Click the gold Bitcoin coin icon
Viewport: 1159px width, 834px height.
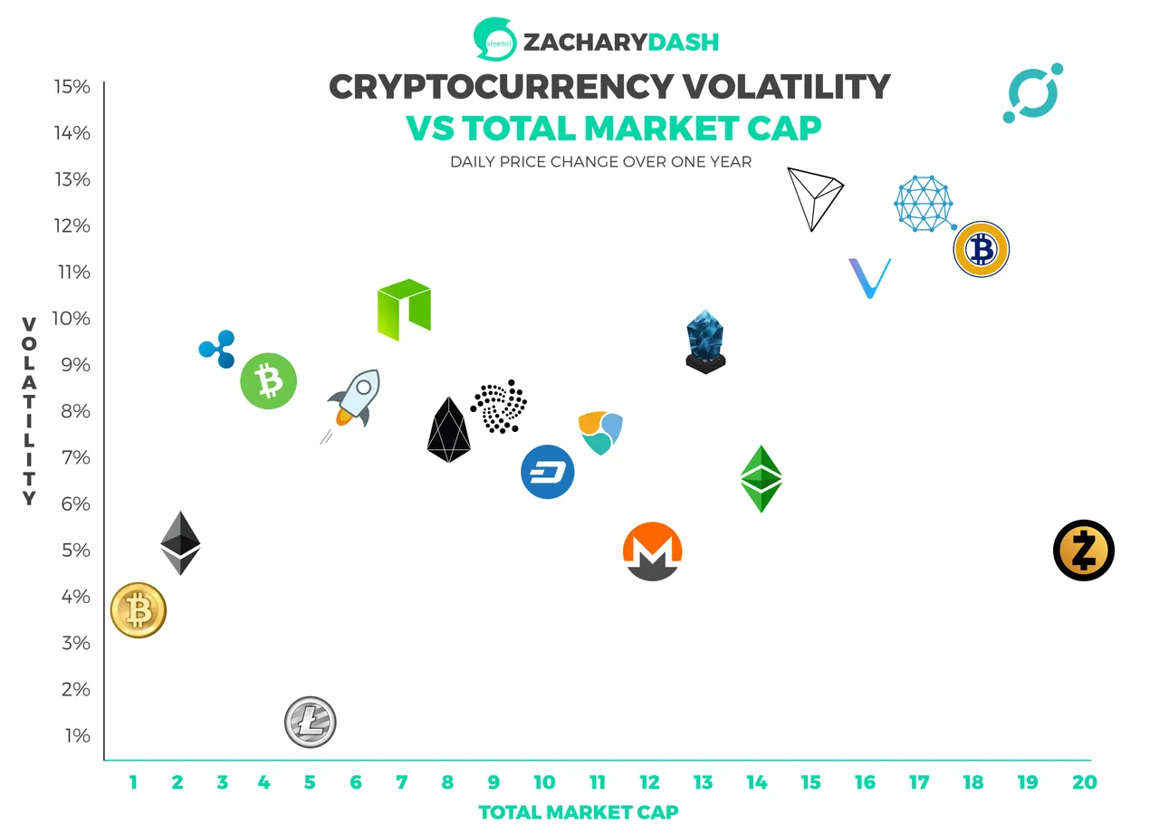point(139,610)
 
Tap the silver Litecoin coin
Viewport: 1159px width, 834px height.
point(311,723)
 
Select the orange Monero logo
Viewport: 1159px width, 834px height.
point(653,551)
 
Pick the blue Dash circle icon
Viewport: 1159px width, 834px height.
point(548,472)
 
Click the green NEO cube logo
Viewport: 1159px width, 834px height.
point(404,310)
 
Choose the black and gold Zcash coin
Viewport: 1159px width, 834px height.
point(1084,551)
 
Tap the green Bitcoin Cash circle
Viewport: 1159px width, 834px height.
point(269,381)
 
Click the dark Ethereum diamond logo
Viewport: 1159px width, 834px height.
point(180,543)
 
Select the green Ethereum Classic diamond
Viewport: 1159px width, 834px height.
point(761,479)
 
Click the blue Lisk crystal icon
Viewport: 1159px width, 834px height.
point(705,341)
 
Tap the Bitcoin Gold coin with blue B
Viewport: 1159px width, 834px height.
point(982,249)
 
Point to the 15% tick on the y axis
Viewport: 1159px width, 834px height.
point(72,86)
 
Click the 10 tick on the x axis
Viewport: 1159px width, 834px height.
point(544,782)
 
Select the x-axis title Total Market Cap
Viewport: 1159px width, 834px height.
point(579,812)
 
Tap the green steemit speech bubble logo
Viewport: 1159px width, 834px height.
point(495,39)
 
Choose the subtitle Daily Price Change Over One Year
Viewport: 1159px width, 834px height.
point(600,162)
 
